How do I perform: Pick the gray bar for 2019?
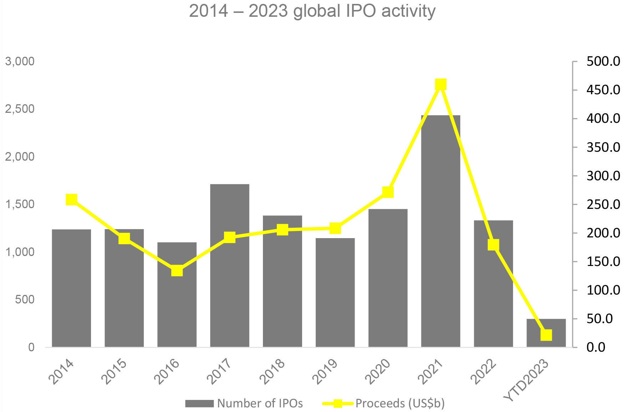[335, 292]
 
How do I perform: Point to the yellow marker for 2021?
[441, 85]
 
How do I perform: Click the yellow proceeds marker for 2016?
[177, 271]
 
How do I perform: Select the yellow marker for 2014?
[71, 200]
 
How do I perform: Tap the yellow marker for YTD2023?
[546, 335]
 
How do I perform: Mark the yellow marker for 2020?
[388, 192]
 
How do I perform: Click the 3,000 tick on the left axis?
[20, 61]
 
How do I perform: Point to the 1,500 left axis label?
[20, 204]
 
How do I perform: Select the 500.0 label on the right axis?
[603, 61]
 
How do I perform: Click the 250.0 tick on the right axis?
[603, 205]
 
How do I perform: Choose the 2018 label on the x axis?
[273, 372]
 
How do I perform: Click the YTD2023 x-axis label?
[527, 380]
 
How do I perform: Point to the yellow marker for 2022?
[493, 245]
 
